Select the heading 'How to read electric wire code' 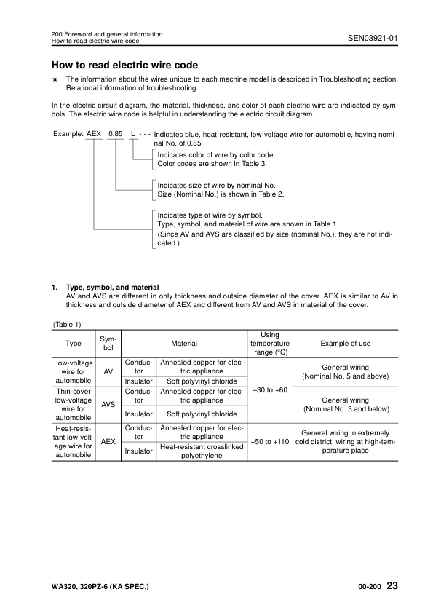coord(124,65)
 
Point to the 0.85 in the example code coord(115,135)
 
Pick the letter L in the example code coord(132,135)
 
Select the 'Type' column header coord(73,343)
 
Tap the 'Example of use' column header coord(345,343)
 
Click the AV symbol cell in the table coord(108,371)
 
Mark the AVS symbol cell coord(108,403)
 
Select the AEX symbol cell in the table coord(108,441)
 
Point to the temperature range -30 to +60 coord(269,390)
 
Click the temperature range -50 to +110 coord(269,441)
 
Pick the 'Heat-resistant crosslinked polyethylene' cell coord(201,451)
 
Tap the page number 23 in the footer coord(392,585)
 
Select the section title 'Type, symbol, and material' coord(112,288)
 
